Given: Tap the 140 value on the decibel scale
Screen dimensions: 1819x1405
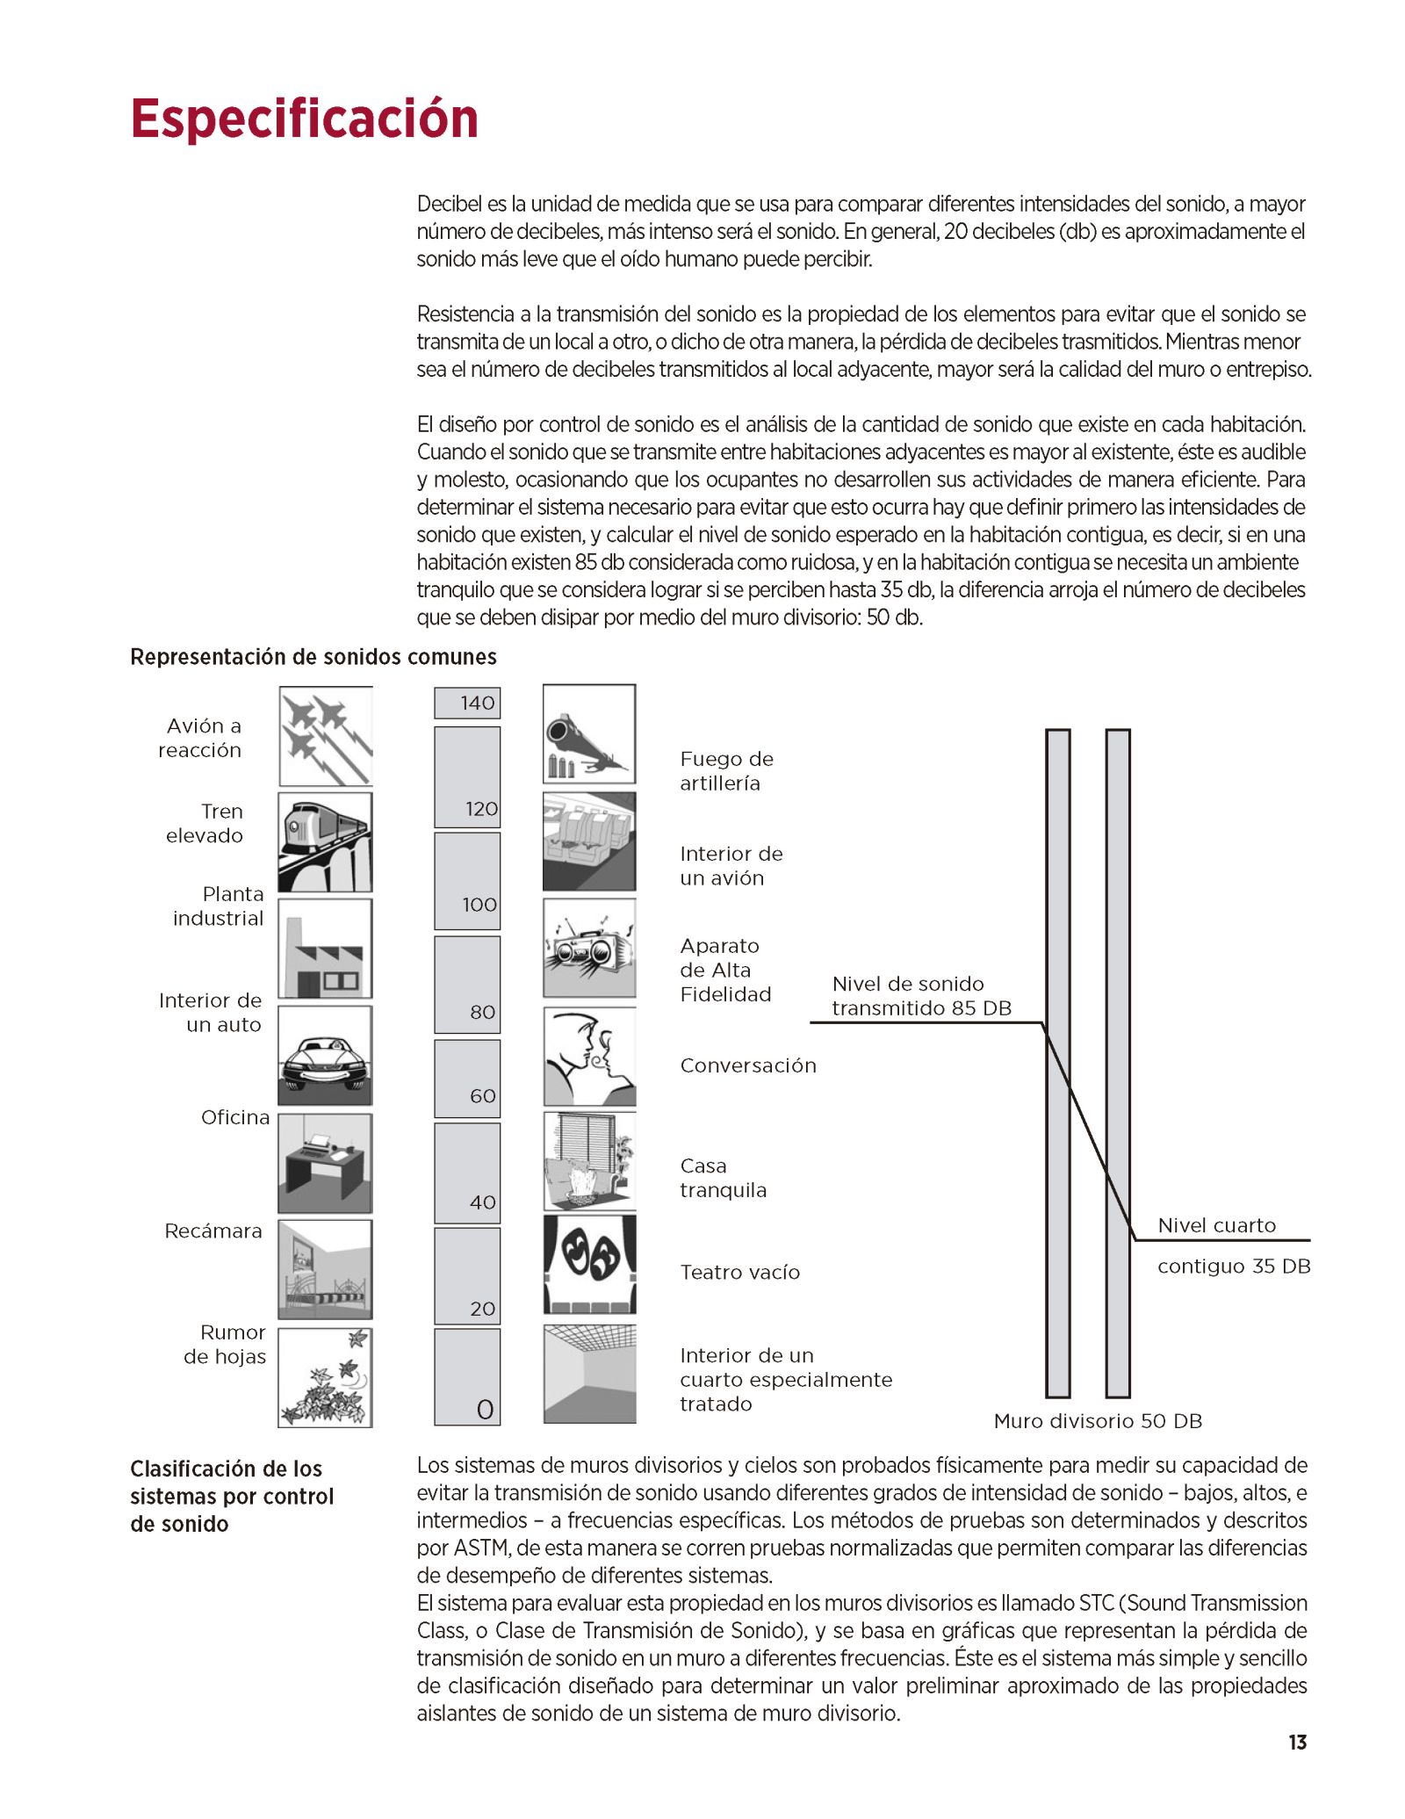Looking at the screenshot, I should tap(477, 703).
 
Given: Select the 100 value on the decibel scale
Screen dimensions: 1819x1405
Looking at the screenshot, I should tap(479, 905).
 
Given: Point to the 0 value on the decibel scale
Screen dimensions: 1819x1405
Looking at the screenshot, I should tap(485, 1410).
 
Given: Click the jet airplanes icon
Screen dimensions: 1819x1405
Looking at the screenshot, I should tap(326, 736).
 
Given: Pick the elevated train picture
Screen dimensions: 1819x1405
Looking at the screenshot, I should tap(326, 842).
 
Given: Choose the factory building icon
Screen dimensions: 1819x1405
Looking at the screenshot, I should tap(326, 949).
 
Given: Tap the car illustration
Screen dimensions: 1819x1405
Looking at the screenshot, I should tap(326, 1056).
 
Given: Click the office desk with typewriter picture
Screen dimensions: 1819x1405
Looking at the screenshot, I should tap(326, 1163).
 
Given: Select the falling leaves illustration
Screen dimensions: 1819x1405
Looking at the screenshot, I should tap(326, 1377).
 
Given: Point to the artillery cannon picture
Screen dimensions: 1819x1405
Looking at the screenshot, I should tap(589, 734).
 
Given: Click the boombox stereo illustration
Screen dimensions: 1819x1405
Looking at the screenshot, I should tap(589, 949).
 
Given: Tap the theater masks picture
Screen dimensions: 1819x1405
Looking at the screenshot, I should tap(589, 1265).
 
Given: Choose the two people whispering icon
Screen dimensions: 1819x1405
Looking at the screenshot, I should tap(589, 1057).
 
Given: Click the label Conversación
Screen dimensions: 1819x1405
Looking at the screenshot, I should tap(748, 1065).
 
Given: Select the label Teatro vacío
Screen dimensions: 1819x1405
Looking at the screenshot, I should tap(739, 1272).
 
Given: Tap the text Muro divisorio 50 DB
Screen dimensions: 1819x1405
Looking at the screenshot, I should tap(1098, 1421).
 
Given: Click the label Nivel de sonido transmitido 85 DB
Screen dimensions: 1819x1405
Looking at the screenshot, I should tap(921, 996).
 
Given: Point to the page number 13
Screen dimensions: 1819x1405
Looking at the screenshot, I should tap(1298, 1743).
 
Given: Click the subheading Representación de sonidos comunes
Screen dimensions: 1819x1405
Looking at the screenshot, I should tap(313, 657).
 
